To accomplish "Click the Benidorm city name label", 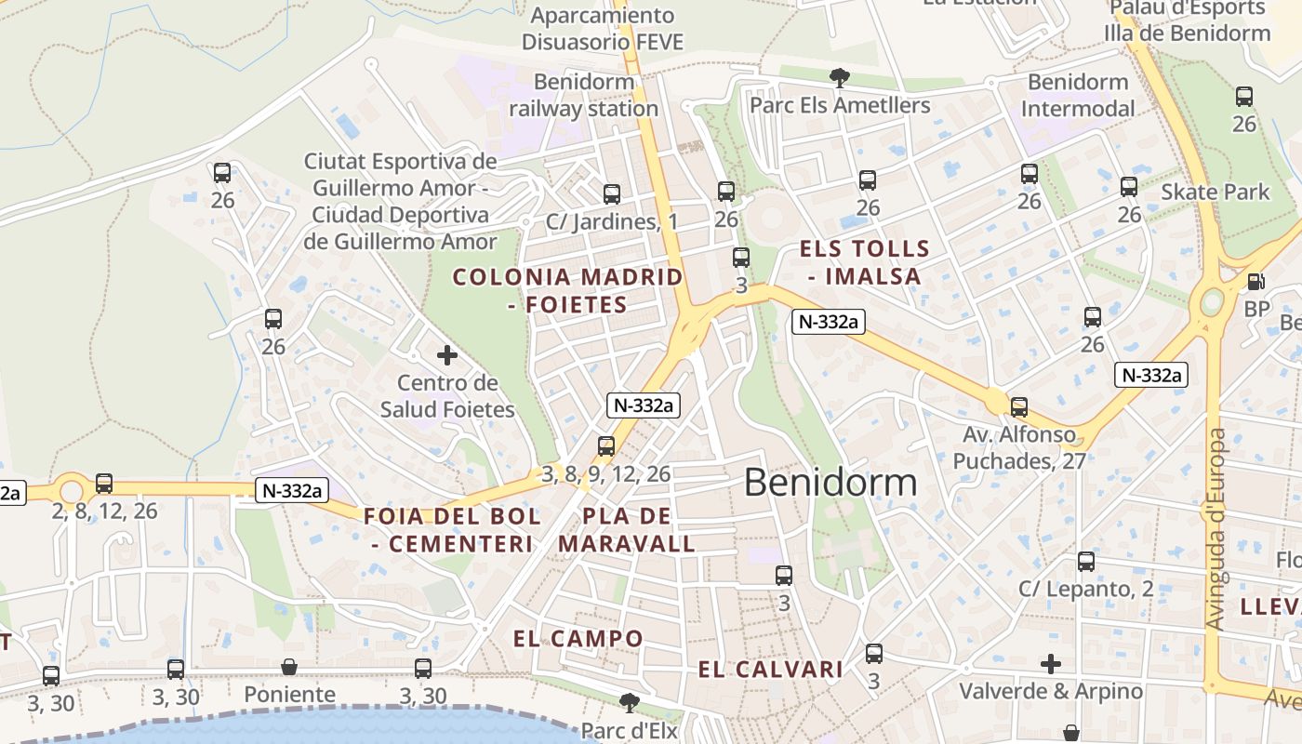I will [830, 483].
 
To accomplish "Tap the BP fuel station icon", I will [1255, 281].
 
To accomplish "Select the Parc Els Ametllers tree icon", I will [840, 77].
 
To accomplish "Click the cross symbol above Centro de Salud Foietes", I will [447, 354].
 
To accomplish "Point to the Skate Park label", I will [1215, 193].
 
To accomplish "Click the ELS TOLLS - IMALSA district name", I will [865, 262].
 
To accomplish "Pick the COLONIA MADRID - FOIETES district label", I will [567, 290].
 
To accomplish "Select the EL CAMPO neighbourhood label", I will [578, 639].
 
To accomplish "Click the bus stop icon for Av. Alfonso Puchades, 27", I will [1019, 406].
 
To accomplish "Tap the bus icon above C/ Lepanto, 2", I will [1086, 561].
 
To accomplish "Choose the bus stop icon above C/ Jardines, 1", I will [611, 193].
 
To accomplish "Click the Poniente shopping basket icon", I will [289, 667].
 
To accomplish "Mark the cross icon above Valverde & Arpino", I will [1051, 664].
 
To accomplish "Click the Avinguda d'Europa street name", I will [1216, 528].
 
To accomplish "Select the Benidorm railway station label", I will [583, 95].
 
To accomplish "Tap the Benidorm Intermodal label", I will [1078, 95].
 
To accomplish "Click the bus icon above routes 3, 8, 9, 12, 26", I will [606, 445].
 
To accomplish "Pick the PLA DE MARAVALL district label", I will [627, 530].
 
